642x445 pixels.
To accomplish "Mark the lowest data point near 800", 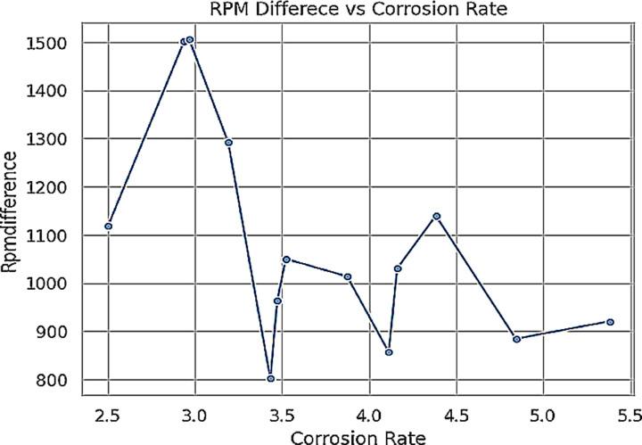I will [x=271, y=378].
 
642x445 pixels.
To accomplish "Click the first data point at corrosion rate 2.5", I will [x=109, y=226].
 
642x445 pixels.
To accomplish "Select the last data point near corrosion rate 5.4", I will [x=611, y=322].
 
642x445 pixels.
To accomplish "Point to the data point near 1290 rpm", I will [x=229, y=142].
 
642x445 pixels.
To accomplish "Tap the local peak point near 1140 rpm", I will [x=437, y=216].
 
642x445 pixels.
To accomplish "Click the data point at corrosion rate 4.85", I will [x=516, y=339].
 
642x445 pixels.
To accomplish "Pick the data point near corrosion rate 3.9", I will [x=348, y=276].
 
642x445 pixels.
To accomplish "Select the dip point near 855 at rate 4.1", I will [x=389, y=352].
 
